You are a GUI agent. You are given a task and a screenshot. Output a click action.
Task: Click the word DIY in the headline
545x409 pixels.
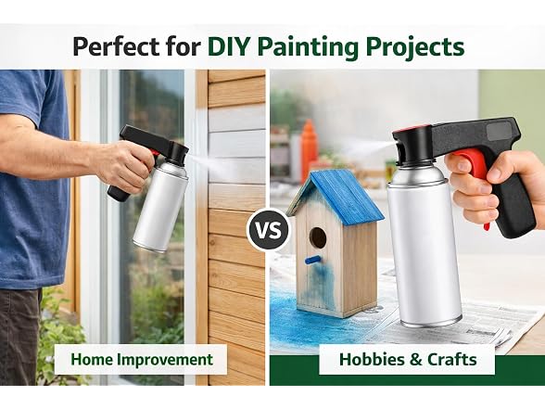click(x=228, y=46)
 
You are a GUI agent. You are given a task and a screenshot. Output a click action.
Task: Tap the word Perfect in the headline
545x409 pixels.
click(x=116, y=46)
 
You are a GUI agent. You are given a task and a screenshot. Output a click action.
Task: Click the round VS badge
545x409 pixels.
click(x=269, y=230)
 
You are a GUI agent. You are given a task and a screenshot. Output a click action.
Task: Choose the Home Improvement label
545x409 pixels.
click(x=142, y=359)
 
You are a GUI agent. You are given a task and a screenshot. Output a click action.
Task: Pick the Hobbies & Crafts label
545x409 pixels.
click(x=408, y=359)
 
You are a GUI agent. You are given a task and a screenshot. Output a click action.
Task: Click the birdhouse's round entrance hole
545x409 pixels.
click(x=318, y=237)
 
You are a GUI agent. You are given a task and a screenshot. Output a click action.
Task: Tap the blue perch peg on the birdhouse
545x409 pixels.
click(x=312, y=260)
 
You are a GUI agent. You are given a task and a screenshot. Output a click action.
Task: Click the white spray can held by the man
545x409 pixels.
click(x=160, y=206)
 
